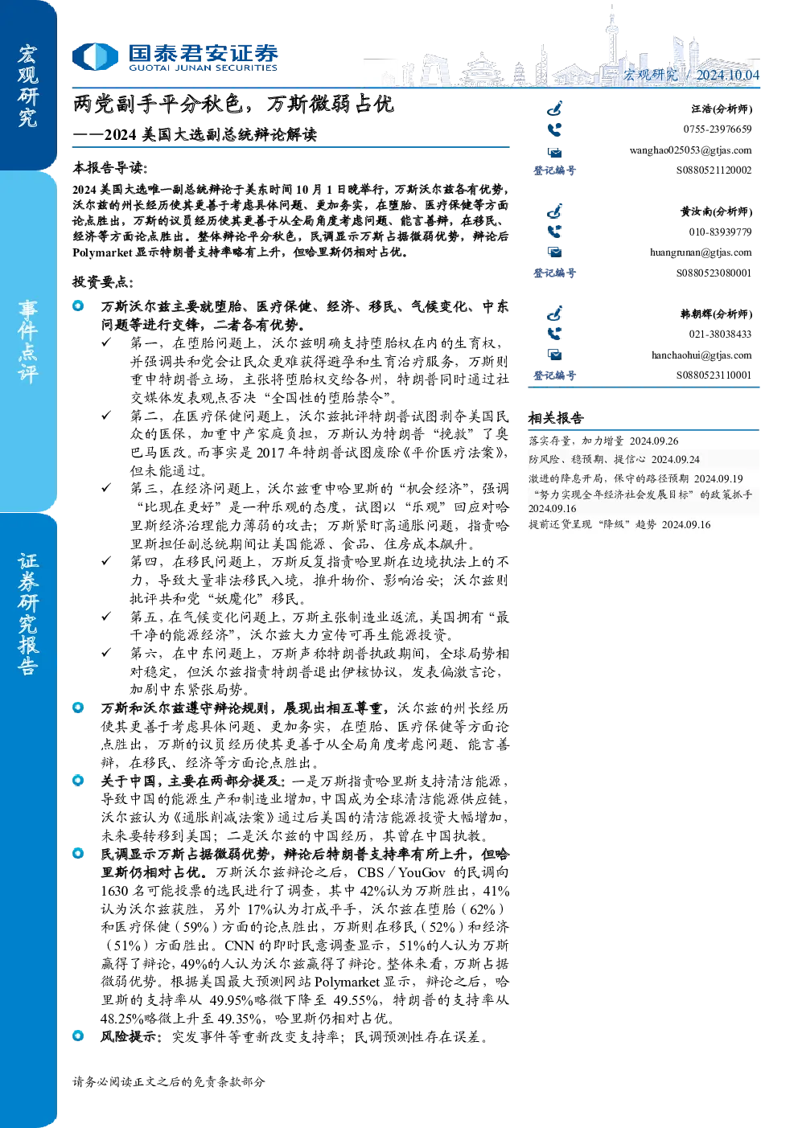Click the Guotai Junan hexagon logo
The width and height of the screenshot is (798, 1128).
(x=95, y=56)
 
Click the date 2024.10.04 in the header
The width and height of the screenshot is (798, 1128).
(x=727, y=75)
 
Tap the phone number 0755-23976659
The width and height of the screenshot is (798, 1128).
(x=717, y=129)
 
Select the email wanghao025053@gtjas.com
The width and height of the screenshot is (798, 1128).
(x=690, y=150)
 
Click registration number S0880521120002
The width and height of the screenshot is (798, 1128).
(x=714, y=170)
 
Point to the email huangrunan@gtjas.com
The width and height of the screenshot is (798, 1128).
(x=701, y=252)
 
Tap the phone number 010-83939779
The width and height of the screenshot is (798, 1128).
(x=720, y=232)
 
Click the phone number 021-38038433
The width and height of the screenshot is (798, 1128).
(x=720, y=334)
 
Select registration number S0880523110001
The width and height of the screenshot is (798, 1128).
(x=714, y=375)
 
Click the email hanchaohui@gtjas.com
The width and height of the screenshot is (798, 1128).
(x=701, y=355)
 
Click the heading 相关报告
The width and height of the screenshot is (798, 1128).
(x=556, y=417)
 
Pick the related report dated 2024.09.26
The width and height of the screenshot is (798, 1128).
(x=603, y=441)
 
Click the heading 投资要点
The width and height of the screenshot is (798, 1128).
(x=103, y=282)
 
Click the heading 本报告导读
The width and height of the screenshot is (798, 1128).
(x=110, y=168)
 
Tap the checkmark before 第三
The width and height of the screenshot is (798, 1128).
(x=106, y=487)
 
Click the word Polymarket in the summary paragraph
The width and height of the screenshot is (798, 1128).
(x=102, y=252)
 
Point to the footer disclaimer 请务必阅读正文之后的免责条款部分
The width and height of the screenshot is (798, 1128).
(x=168, y=1081)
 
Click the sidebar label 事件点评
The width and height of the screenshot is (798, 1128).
(x=28, y=342)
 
